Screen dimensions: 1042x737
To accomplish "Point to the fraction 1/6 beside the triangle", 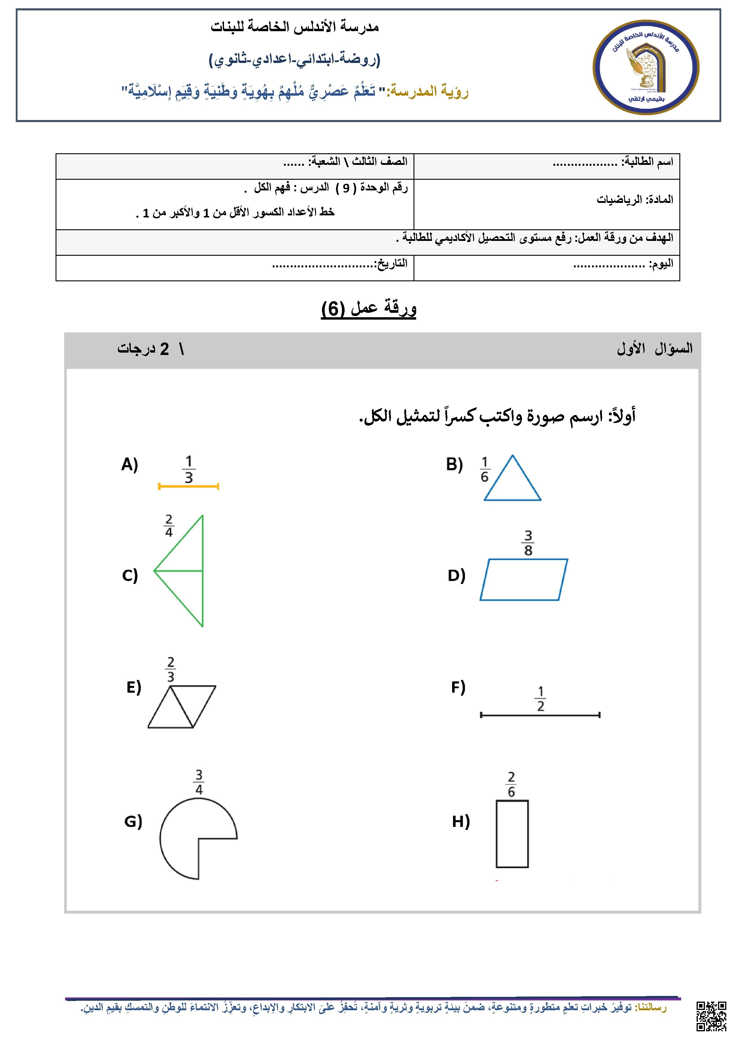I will tap(485, 469).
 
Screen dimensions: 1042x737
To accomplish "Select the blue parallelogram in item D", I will tap(524, 580).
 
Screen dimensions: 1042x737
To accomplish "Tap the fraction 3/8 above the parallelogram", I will tap(528, 543).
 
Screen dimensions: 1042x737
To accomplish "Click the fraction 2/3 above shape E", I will tap(171, 670).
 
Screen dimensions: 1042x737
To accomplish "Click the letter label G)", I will tap(133, 821).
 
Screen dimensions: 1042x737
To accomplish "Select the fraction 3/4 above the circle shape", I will tap(199, 782).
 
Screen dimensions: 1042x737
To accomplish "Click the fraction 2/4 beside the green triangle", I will tap(169, 525).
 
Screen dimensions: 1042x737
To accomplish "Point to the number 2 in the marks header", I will tap(164, 348).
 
